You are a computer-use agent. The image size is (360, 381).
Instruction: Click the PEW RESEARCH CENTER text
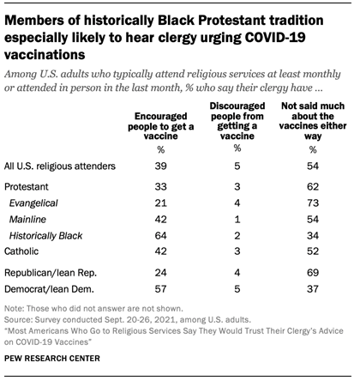pyautogui.click(x=60, y=366)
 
